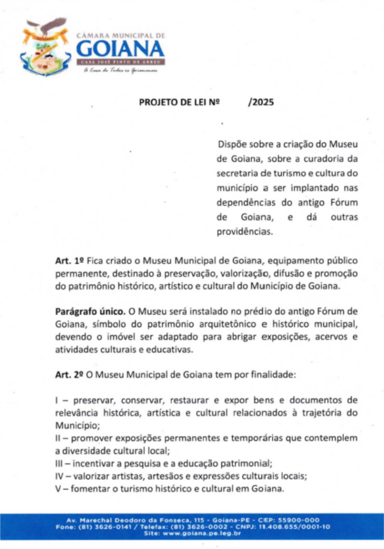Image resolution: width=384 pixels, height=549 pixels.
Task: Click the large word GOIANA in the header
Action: click(121, 50)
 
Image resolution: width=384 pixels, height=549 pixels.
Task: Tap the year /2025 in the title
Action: click(261, 102)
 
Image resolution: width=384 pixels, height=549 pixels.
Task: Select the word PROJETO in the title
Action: click(156, 102)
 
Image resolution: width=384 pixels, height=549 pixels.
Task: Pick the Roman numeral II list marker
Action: click(58, 439)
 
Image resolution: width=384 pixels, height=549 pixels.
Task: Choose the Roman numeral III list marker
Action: click(60, 463)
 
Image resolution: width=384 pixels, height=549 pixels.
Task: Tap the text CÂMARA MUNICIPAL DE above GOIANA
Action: click(121, 35)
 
